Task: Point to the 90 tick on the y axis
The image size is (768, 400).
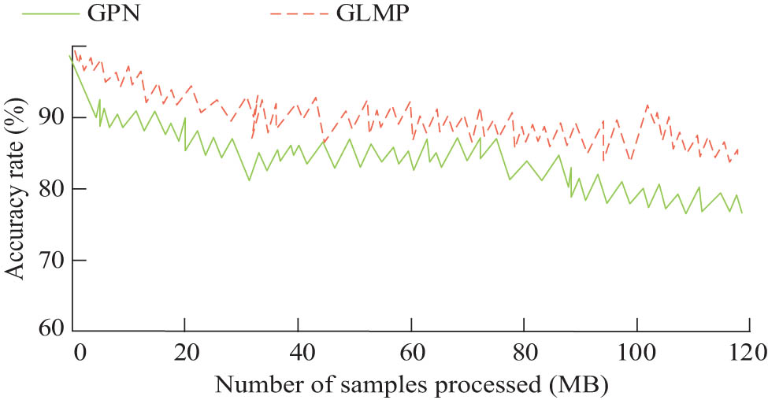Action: coord(50,117)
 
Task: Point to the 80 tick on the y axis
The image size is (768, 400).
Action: coord(50,189)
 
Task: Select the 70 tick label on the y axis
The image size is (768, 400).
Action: coord(50,261)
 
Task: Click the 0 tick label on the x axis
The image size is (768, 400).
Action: coord(79,350)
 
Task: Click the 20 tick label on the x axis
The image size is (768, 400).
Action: coord(185,350)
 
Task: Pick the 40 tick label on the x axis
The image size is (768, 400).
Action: coord(299,350)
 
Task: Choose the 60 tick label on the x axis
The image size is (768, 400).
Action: coord(411,350)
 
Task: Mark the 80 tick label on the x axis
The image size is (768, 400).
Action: coord(524,350)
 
